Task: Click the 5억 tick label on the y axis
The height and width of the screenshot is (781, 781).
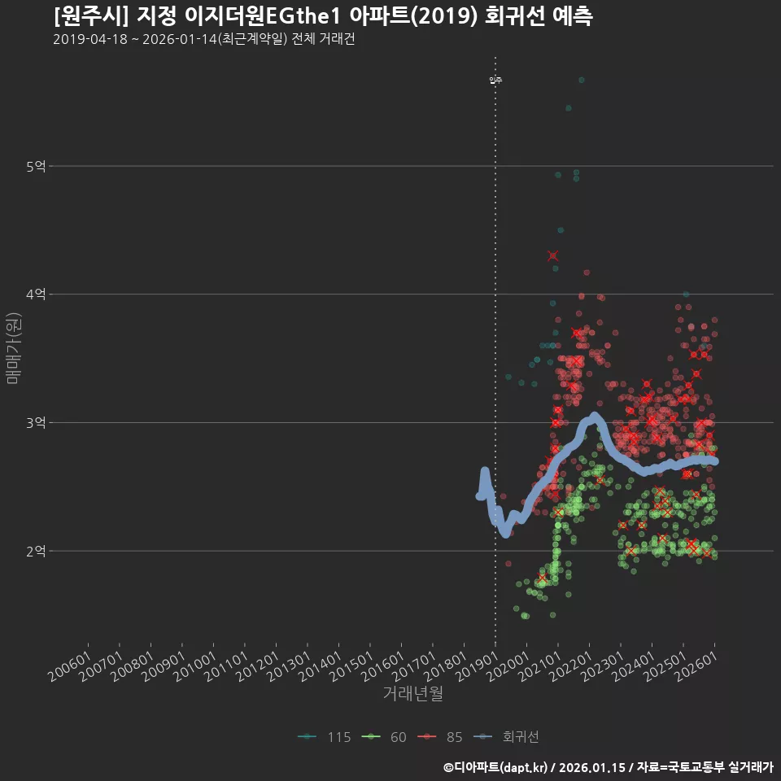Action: (36, 167)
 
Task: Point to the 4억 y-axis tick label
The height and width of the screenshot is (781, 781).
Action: (36, 295)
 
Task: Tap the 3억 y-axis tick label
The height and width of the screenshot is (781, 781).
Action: (36, 423)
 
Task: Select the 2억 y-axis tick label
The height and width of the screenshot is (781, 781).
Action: (36, 551)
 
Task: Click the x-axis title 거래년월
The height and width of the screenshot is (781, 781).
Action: (413, 694)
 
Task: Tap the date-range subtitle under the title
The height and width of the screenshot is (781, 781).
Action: (203, 40)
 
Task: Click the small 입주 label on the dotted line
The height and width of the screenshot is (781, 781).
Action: (495, 80)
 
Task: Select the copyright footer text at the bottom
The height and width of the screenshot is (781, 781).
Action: (608, 766)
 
